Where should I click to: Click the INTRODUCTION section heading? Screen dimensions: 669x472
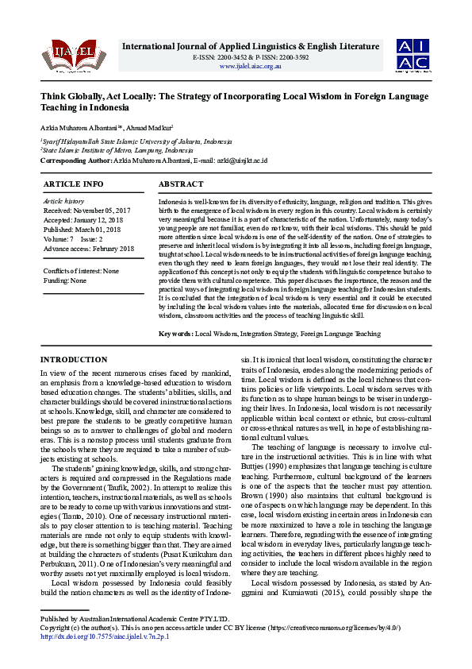coord(74,360)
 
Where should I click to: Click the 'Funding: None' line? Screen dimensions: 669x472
coord(65,280)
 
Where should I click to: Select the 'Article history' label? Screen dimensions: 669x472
coord(63,202)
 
